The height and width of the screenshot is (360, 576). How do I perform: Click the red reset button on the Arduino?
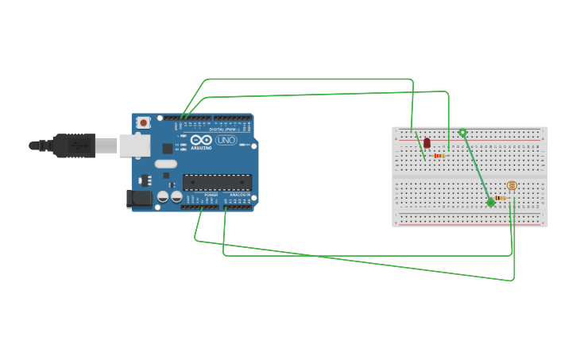(143, 122)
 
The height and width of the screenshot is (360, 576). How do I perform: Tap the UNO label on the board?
(226, 140)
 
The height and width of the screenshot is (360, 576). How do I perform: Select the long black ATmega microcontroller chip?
(217, 182)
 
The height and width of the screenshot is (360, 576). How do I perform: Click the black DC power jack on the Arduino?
(138, 199)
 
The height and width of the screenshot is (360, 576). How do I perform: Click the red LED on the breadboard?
(427, 143)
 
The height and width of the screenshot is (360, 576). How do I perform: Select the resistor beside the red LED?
(439, 156)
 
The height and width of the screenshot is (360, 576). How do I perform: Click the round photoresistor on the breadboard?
(511, 185)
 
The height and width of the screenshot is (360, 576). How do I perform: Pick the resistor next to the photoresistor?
(500, 197)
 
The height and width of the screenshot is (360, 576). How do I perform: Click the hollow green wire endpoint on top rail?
(462, 133)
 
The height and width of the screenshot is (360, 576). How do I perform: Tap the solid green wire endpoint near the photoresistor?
(491, 203)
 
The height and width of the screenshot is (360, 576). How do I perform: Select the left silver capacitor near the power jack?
(163, 195)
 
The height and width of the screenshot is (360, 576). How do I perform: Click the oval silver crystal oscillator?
(165, 165)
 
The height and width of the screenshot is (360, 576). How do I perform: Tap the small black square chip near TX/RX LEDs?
(168, 148)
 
